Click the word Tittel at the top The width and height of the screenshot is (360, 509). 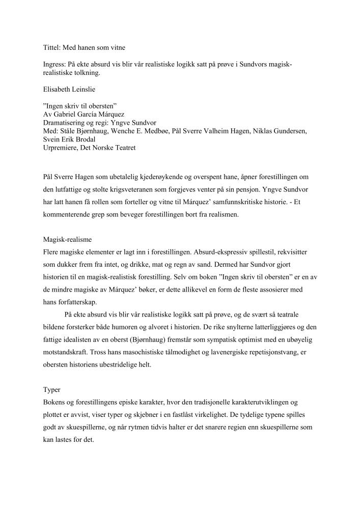pyautogui.click(x=51, y=47)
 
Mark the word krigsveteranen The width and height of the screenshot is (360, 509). pyautogui.click(x=131, y=189)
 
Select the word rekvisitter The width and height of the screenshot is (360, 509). pyautogui.click(x=288, y=252)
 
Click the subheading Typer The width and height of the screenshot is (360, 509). pyautogui.click(x=52, y=390)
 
